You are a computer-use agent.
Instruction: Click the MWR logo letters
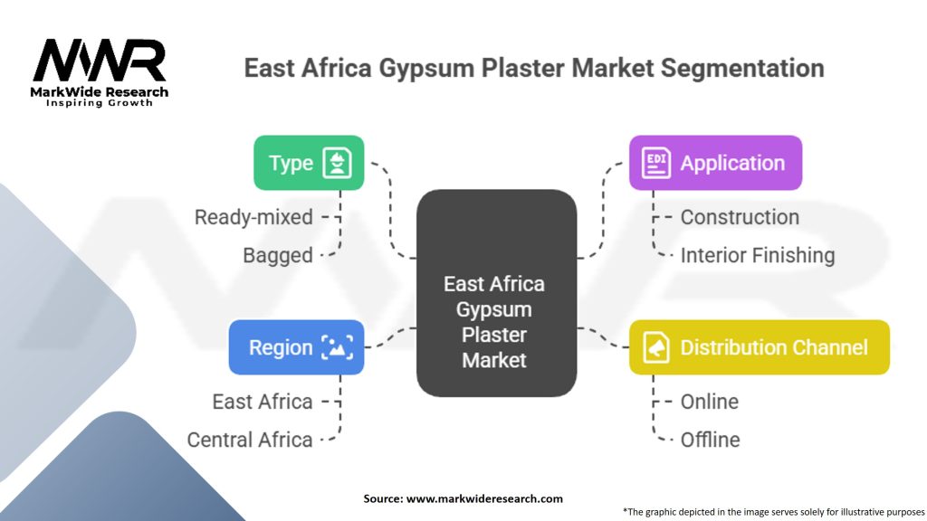pyautogui.click(x=100, y=61)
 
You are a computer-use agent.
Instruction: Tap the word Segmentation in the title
pyautogui.click(x=742, y=68)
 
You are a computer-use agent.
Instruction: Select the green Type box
pyautogui.click(x=309, y=163)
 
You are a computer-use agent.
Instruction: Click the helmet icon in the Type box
pyautogui.click(x=337, y=163)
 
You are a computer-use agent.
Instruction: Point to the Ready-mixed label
pyautogui.click(x=253, y=217)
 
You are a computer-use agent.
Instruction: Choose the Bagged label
pyautogui.click(x=278, y=255)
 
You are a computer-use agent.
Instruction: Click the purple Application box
pyautogui.click(x=715, y=163)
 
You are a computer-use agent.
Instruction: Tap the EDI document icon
pyautogui.click(x=656, y=163)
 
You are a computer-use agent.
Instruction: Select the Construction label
pyautogui.click(x=740, y=217)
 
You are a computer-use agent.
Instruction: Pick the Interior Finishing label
pyautogui.click(x=758, y=255)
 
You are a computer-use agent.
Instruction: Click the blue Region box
pyautogui.click(x=296, y=347)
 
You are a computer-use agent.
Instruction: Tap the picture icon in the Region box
pyautogui.click(x=337, y=347)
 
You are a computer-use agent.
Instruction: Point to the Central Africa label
pyautogui.click(x=250, y=440)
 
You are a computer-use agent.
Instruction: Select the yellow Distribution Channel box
pyautogui.click(x=760, y=347)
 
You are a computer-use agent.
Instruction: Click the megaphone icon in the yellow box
pyautogui.click(x=656, y=347)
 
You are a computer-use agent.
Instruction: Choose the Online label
pyautogui.click(x=710, y=402)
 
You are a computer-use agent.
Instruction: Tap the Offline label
pyautogui.click(x=710, y=440)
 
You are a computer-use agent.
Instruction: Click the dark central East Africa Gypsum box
pyautogui.click(x=497, y=293)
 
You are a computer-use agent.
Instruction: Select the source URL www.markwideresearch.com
pyautogui.click(x=484, y=498)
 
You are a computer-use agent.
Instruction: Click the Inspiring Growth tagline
pyautogui.click(x=100, y=103)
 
